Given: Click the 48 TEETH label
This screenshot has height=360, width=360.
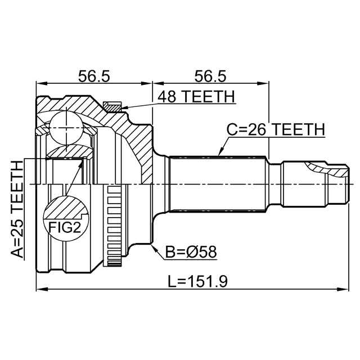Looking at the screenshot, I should (x=196, y=97).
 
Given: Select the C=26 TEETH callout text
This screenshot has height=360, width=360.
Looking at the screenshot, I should (x=276, y=130).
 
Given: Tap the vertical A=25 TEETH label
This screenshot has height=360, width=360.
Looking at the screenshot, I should (x=18, y=209).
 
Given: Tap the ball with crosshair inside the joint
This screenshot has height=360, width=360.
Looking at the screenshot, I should (x=66, y=128).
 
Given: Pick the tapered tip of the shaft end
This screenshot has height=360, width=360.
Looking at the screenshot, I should (x=344, y=184).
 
